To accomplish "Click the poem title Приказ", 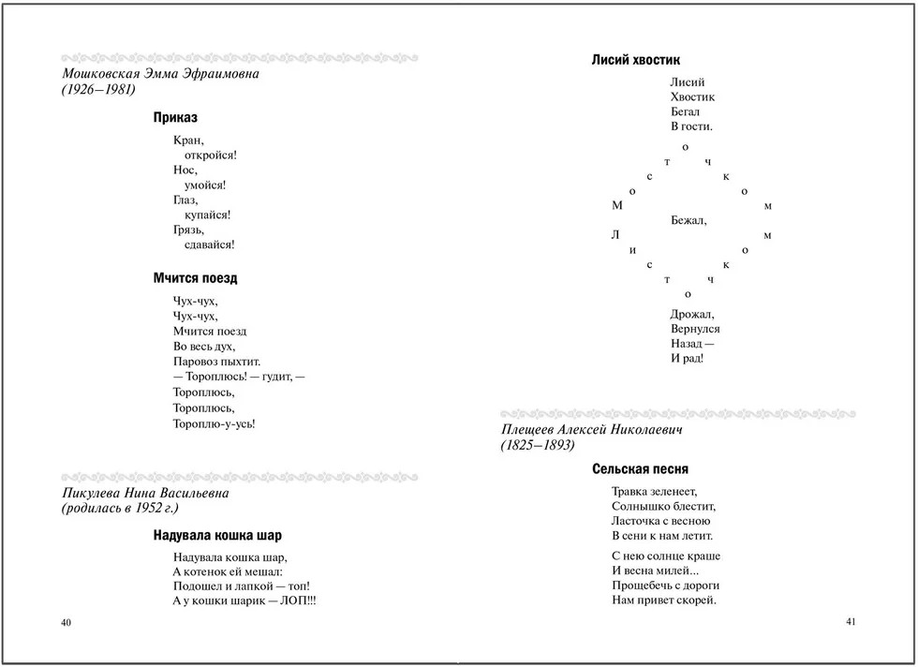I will pyautogui.click(x=175, y=118).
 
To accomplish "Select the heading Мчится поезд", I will pyautogui.click(x=195, y=278).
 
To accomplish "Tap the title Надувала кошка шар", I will pyautogui.click(x=217, y=536).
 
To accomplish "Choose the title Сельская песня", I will pyautogui.click(x=640, y=468).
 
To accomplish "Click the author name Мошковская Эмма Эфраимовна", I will pyautogui.click(x=159, y=74).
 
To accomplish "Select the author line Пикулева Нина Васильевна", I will pyautogui.click(x=144, y=493).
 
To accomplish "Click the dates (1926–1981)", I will pyautogui.click(x=98, y=90).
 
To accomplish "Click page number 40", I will pyautogui.click(x=65, y=623).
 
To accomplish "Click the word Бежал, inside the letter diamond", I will pyautogui.click(x=688, y=221).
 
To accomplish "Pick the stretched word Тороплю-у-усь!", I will pyautogui.click(x=215, y=423).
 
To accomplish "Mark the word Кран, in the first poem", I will pyautogui.click(x=188, y=140).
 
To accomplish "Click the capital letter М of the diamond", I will pyautogui.click(x=616, y=205).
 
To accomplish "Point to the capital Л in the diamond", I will pyautogui.click(x=615, y=235).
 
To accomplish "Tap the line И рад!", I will pyautogui.click(x=687, y=359).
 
